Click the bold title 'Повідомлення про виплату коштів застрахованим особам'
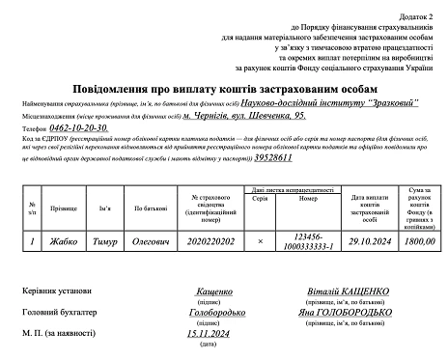[224, 89]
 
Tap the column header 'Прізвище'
[65, 208]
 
